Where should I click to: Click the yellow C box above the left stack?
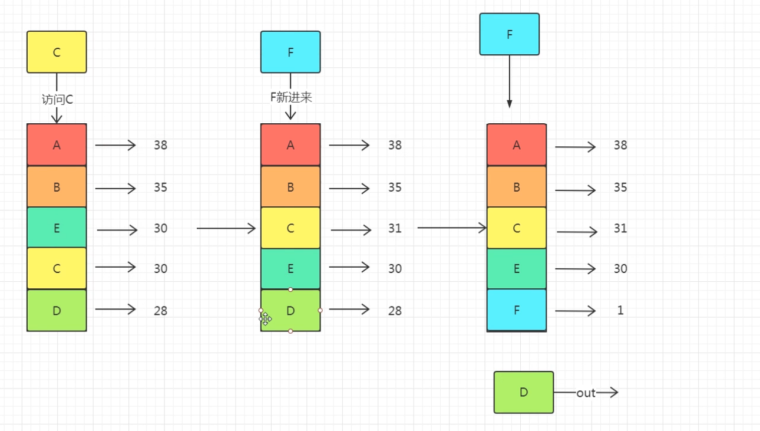tap(57, 52)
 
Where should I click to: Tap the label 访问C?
tap(57, 99)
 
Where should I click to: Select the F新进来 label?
tap(290, 97)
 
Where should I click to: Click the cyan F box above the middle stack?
tap(290, 52)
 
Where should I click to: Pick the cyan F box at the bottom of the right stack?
tap(517, 310)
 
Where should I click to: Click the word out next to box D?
tap(586, 393)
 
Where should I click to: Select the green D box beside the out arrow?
tap(524, 392)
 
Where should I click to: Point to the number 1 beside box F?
tap(620, 310)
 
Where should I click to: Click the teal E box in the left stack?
tap(57, 228)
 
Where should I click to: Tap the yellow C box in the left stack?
tap(57, 268)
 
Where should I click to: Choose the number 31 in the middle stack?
tap(395, 229)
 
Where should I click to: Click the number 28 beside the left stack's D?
tap(161, 310)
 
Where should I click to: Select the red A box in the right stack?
tap(517, 145)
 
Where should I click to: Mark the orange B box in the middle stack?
tap(290, 187)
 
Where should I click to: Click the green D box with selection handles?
tap(290, 310)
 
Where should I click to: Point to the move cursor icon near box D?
tap(266, 319)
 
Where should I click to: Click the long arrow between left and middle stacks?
tap(226, 228)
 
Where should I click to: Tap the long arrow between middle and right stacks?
tap(452, 227)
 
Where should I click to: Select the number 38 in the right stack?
tap(620, 145)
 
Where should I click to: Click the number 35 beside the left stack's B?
tap(161, 187)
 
